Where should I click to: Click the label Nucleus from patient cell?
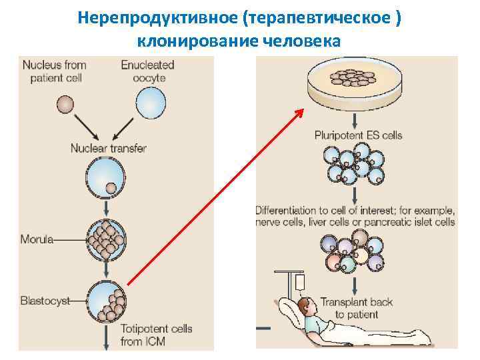[55, 71]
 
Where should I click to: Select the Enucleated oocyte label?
[147, 71]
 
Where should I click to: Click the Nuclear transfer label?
[109, 148]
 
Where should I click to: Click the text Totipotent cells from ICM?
[157, 335]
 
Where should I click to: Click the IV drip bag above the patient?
[300, 283]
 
